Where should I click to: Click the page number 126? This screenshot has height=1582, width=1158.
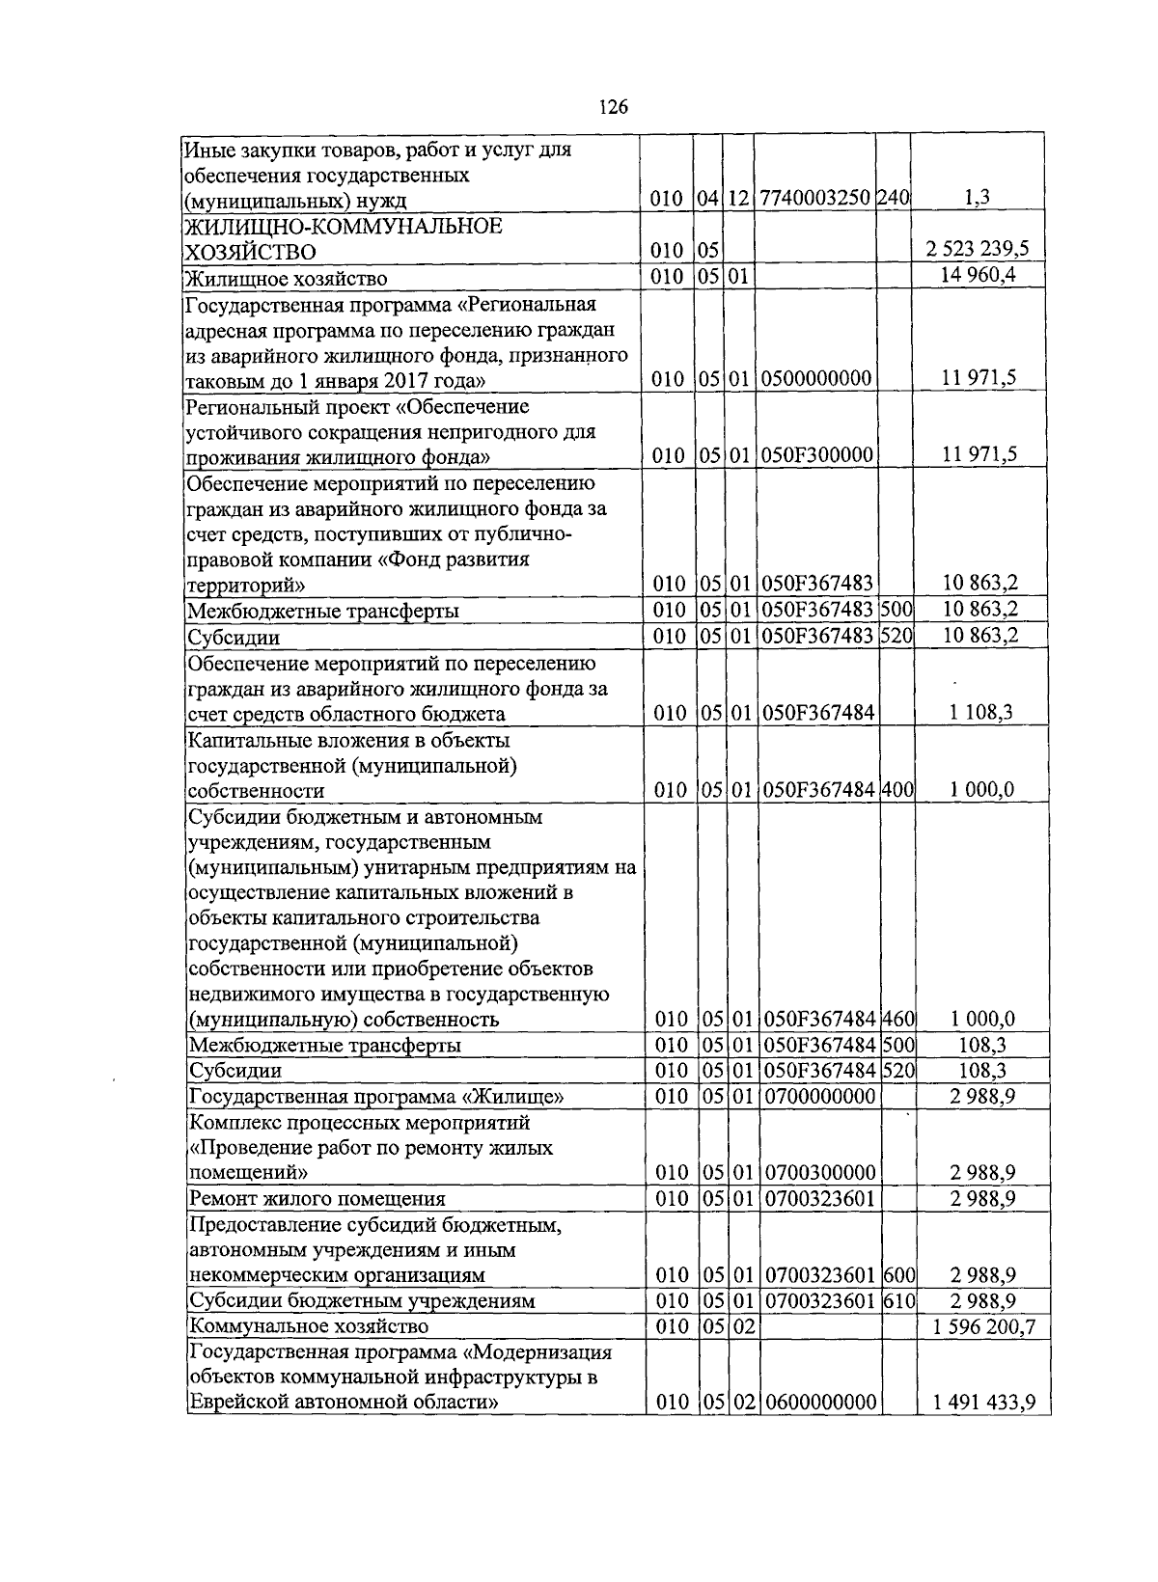[x=614, y=107]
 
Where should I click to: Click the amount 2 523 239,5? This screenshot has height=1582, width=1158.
[x=978, y=249]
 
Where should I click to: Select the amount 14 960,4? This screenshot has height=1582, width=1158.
[x=979, y=276]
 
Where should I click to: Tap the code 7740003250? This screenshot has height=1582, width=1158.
[x=815, y=199]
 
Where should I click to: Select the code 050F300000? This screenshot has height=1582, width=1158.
[x=816, y=455]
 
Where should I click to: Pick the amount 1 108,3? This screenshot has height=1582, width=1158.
[x=980, y=714]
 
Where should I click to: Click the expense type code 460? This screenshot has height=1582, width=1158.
[x=897, y=1020]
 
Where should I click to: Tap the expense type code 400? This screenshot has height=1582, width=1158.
[x=896, y=790]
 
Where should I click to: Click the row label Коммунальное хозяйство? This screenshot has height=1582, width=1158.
[x=294, y=1326]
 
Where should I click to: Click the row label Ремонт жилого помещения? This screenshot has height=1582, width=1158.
[x=317, y=1199]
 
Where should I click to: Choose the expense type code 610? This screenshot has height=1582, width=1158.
[x=898, y=1300]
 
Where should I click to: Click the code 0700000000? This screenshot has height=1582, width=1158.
[x=820, y=1097]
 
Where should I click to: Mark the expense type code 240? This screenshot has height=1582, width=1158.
[x=894, y=199]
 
